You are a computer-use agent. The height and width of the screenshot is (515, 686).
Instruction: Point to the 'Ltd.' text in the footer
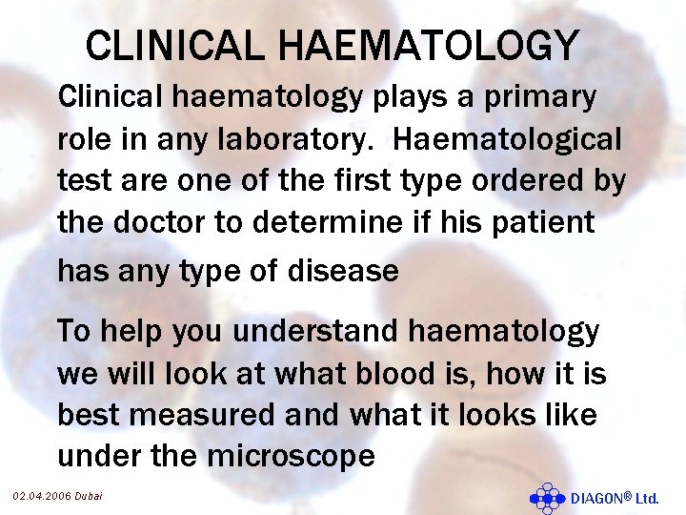click(x=647, y=498)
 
